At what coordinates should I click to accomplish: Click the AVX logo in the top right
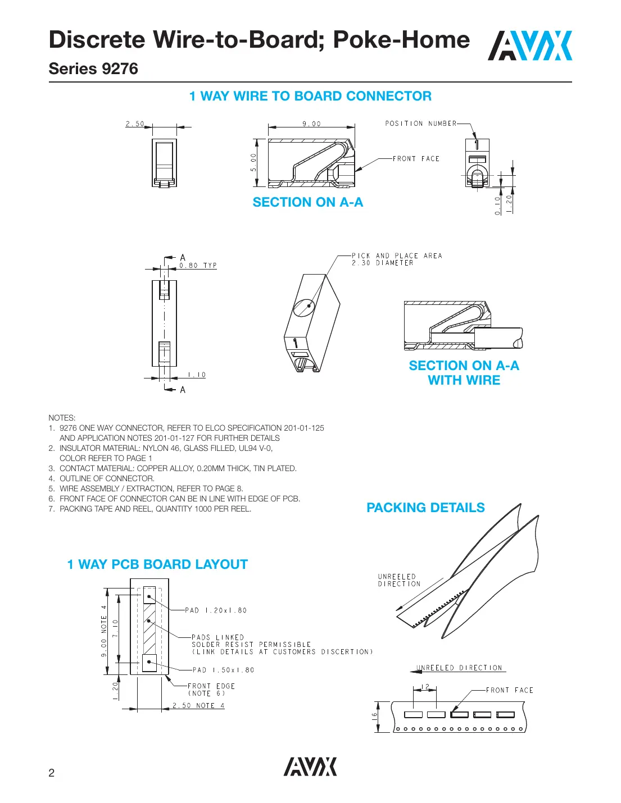[x=529, y=46]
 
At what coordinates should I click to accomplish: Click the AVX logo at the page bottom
[x=310, y=766]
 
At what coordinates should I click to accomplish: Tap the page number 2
[x=52, y=773]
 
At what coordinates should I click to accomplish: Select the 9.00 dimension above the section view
[x=312, y=124]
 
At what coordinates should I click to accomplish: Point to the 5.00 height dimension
[x=253, y=162]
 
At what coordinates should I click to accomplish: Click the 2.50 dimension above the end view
[x=135, y=124]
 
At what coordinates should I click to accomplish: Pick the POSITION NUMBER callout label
[x=420, y=124]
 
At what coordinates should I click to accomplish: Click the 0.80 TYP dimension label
[x=198, y=266]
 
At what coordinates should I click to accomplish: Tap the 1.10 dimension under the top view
[x=197, y=375]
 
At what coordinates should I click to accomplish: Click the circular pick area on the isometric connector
[x=304, y=308]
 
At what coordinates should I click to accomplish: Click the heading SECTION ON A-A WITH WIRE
[x=464, y=373]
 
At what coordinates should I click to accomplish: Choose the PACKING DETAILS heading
[x=425, y=508]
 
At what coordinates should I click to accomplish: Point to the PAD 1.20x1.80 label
[x=216, y=610]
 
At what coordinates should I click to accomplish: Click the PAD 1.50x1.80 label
[x=223, y=670]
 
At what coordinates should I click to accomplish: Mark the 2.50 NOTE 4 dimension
[x=198, y=706]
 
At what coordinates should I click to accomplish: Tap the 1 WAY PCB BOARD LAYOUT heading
[x=157, y=564]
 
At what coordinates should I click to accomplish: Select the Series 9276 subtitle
[x=93, y=69]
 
